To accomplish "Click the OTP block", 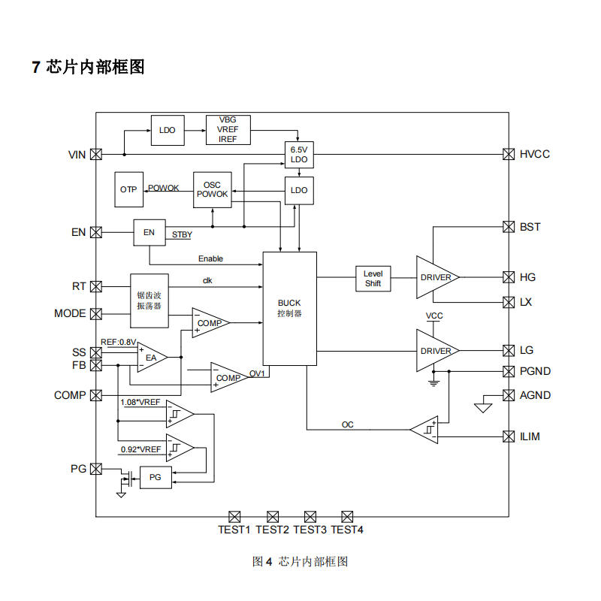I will (x=128, y=189).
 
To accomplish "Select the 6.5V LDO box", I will (x=299, y=155).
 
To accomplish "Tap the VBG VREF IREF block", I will (x=228, y=129).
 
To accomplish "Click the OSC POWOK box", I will (x=212, y=189).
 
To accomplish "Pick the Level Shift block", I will (x=373, y=278).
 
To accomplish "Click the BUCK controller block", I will (x=289, y=307).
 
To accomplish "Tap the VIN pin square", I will (x=96, y=155).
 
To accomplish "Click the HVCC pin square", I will (x=508, y=154).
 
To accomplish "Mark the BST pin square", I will (x=508, y=227).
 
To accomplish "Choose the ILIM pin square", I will (x=508, y=436).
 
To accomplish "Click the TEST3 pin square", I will (x=310, y=516).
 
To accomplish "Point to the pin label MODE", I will (x=70, y=313).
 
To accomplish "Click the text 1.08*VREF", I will (x=140, y=403).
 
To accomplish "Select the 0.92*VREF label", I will (x=140, y=450).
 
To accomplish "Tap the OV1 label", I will (x=257, y=373).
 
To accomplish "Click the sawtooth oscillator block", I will (x=149, y=300).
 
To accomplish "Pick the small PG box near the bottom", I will (x=156, y=477).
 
